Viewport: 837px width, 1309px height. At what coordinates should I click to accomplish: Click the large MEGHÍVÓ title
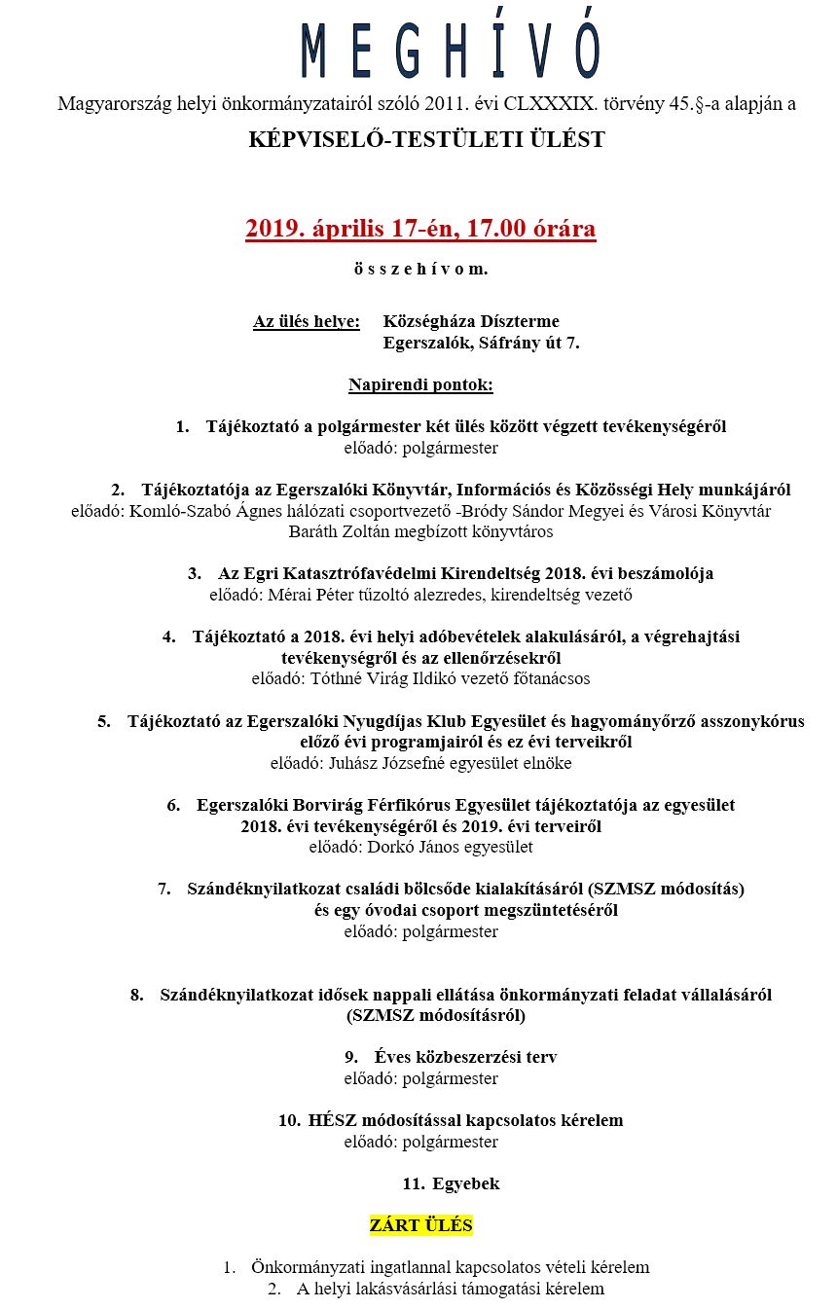pos(451,51)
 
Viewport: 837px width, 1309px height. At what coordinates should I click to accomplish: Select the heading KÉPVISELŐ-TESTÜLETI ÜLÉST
pos(426,140)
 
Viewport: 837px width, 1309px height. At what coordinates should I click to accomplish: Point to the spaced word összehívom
pos(420,268)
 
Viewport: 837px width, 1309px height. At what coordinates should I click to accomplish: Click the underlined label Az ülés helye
pos(307,322)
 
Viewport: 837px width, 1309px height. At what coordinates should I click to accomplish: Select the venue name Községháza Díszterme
pos(471,322)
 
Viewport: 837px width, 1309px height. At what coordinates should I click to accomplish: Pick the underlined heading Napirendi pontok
pos(420,385)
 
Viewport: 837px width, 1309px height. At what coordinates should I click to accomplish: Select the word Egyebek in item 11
pos(465,1184)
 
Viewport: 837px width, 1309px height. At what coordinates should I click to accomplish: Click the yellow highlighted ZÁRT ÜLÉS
pos(420,1225)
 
